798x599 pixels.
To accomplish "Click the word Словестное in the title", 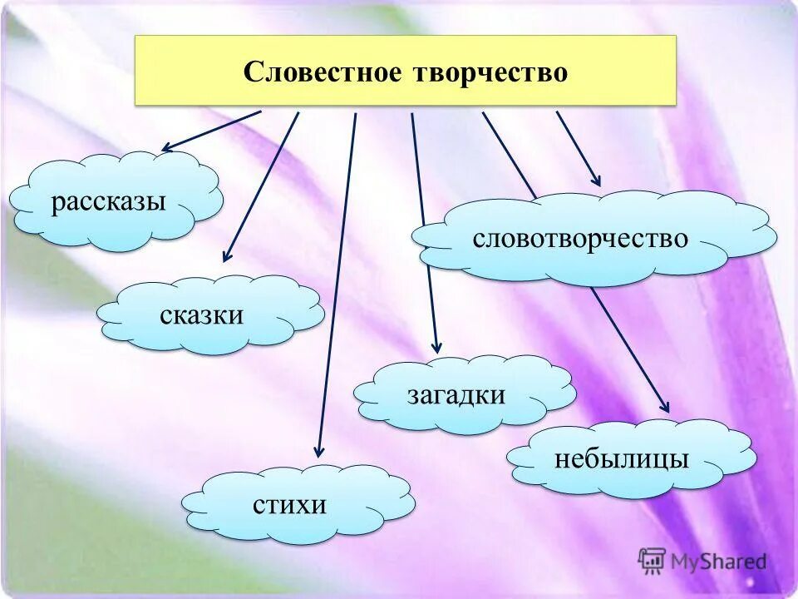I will point(320,72).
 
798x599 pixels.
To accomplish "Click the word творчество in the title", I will point(490,72).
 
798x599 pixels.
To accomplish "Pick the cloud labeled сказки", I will point(209,315).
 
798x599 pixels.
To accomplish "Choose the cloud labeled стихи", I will point(297,504).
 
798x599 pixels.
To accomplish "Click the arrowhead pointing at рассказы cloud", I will point(166,149).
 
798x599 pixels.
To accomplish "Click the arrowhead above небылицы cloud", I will point(663,407).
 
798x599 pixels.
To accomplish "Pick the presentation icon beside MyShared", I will point(652,561).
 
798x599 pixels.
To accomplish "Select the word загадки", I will point(456,394).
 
